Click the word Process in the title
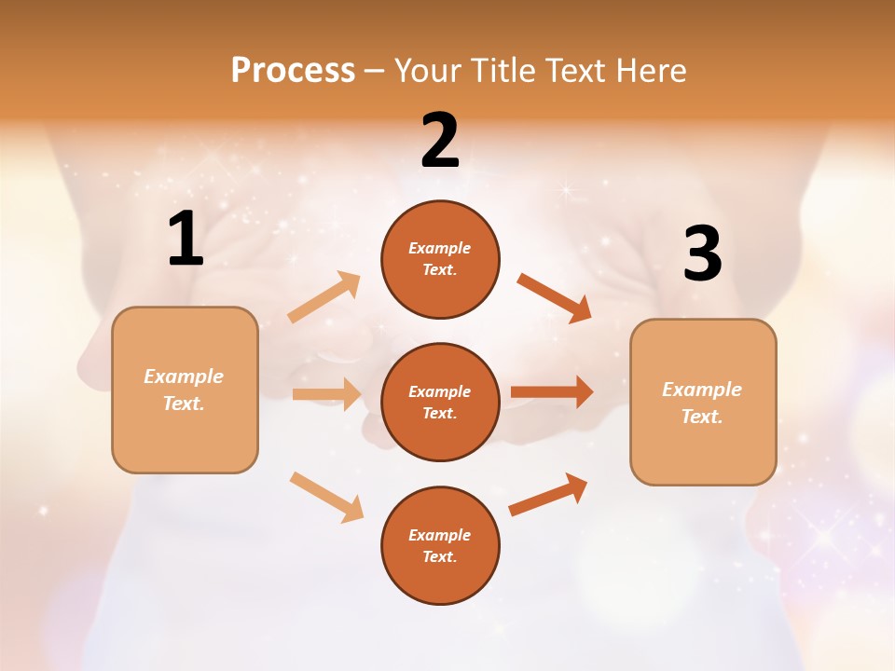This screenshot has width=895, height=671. click(x=293, y=71)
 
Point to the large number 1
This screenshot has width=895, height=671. click(x=186, y=239)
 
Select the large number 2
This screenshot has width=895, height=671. click(x=440, y=141)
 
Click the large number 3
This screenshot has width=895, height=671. click(x=702, y=254)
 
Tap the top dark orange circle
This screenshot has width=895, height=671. click(x=440, y=259)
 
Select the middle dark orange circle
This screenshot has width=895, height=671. click(x=440, y=402)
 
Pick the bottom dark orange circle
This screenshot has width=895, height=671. click(x=440, y=545)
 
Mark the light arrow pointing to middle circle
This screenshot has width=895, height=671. click(x=326, y=394)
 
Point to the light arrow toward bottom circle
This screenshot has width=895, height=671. click(x=326, y=496)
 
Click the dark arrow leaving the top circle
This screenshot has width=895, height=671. click(x=554, y=297)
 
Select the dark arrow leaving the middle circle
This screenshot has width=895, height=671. click(x=552, y=391)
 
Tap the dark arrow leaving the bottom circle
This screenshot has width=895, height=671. click(x=548, y=494)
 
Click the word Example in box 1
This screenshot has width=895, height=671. click(x=184, y=377)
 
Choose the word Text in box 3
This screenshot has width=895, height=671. click(x=701, y=417)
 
